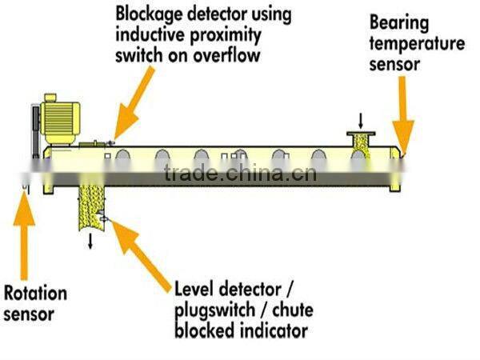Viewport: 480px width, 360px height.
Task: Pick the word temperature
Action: pos(417,44)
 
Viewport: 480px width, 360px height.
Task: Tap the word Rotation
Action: pos(36,293)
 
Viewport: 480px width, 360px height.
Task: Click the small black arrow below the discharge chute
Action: pos(90,241)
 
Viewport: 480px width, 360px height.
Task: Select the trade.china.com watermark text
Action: pos(239,174)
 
